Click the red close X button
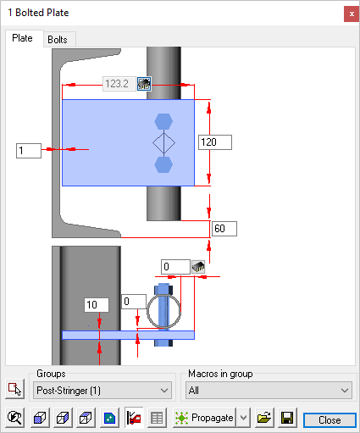(352, 14)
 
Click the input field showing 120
(215, 142)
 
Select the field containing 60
(224, 229)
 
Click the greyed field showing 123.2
(119, 84)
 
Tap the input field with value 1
(29, 151)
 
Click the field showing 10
(97, 305)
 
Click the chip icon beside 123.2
(144, 84)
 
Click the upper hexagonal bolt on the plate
(163, 121)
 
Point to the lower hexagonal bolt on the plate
(163, 164)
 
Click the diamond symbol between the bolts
(163, 143)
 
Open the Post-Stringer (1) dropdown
(102, 391)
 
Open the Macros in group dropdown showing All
(269, 391)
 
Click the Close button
(330, 420)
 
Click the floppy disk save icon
(287, 418)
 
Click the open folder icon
(264, 418)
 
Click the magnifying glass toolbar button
(15, 418)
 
